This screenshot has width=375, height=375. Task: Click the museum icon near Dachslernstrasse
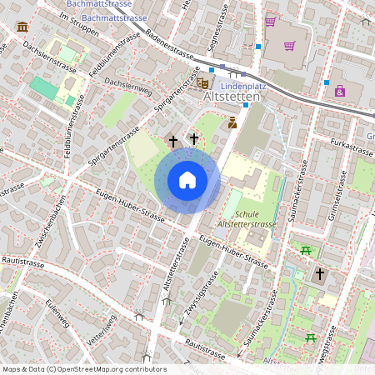point(22,27)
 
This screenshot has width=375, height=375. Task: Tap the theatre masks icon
point(202,83)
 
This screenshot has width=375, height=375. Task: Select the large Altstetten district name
point(232,97)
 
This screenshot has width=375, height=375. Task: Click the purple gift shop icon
point(340,91)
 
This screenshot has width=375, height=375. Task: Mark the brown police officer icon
point(232,122)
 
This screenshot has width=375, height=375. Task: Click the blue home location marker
point(187,180)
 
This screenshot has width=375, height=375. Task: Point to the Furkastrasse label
point(350,148)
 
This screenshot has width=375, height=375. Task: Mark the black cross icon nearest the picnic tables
point(319,273)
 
